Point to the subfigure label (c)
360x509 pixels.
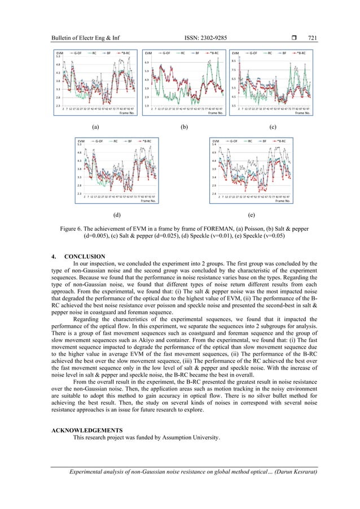[x=273, y=128]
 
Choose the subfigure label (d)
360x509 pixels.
[x=116, y=215]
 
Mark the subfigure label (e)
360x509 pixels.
[x=251, y=215]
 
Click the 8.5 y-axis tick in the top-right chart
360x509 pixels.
[x=234, y=61]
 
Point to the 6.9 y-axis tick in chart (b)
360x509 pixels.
[x=147, y=63]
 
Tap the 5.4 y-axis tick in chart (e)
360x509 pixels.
[x=214, y=144]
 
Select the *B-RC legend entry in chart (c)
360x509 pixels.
[x=300, y=52]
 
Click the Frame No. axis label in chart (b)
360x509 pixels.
[x=216, y=113]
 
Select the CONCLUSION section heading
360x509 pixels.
[x=86, y=257]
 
